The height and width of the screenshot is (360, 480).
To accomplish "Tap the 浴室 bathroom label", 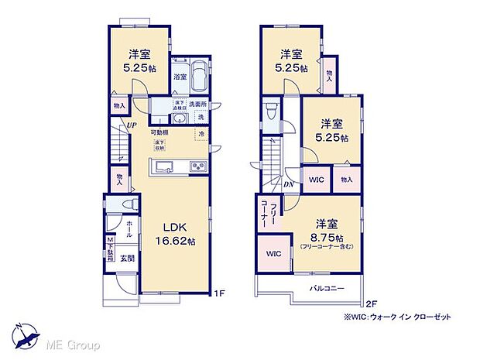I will click(179, 77).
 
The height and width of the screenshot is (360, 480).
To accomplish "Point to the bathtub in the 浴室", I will click(199, 77).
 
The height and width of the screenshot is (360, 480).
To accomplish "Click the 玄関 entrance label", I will click(129, 259).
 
